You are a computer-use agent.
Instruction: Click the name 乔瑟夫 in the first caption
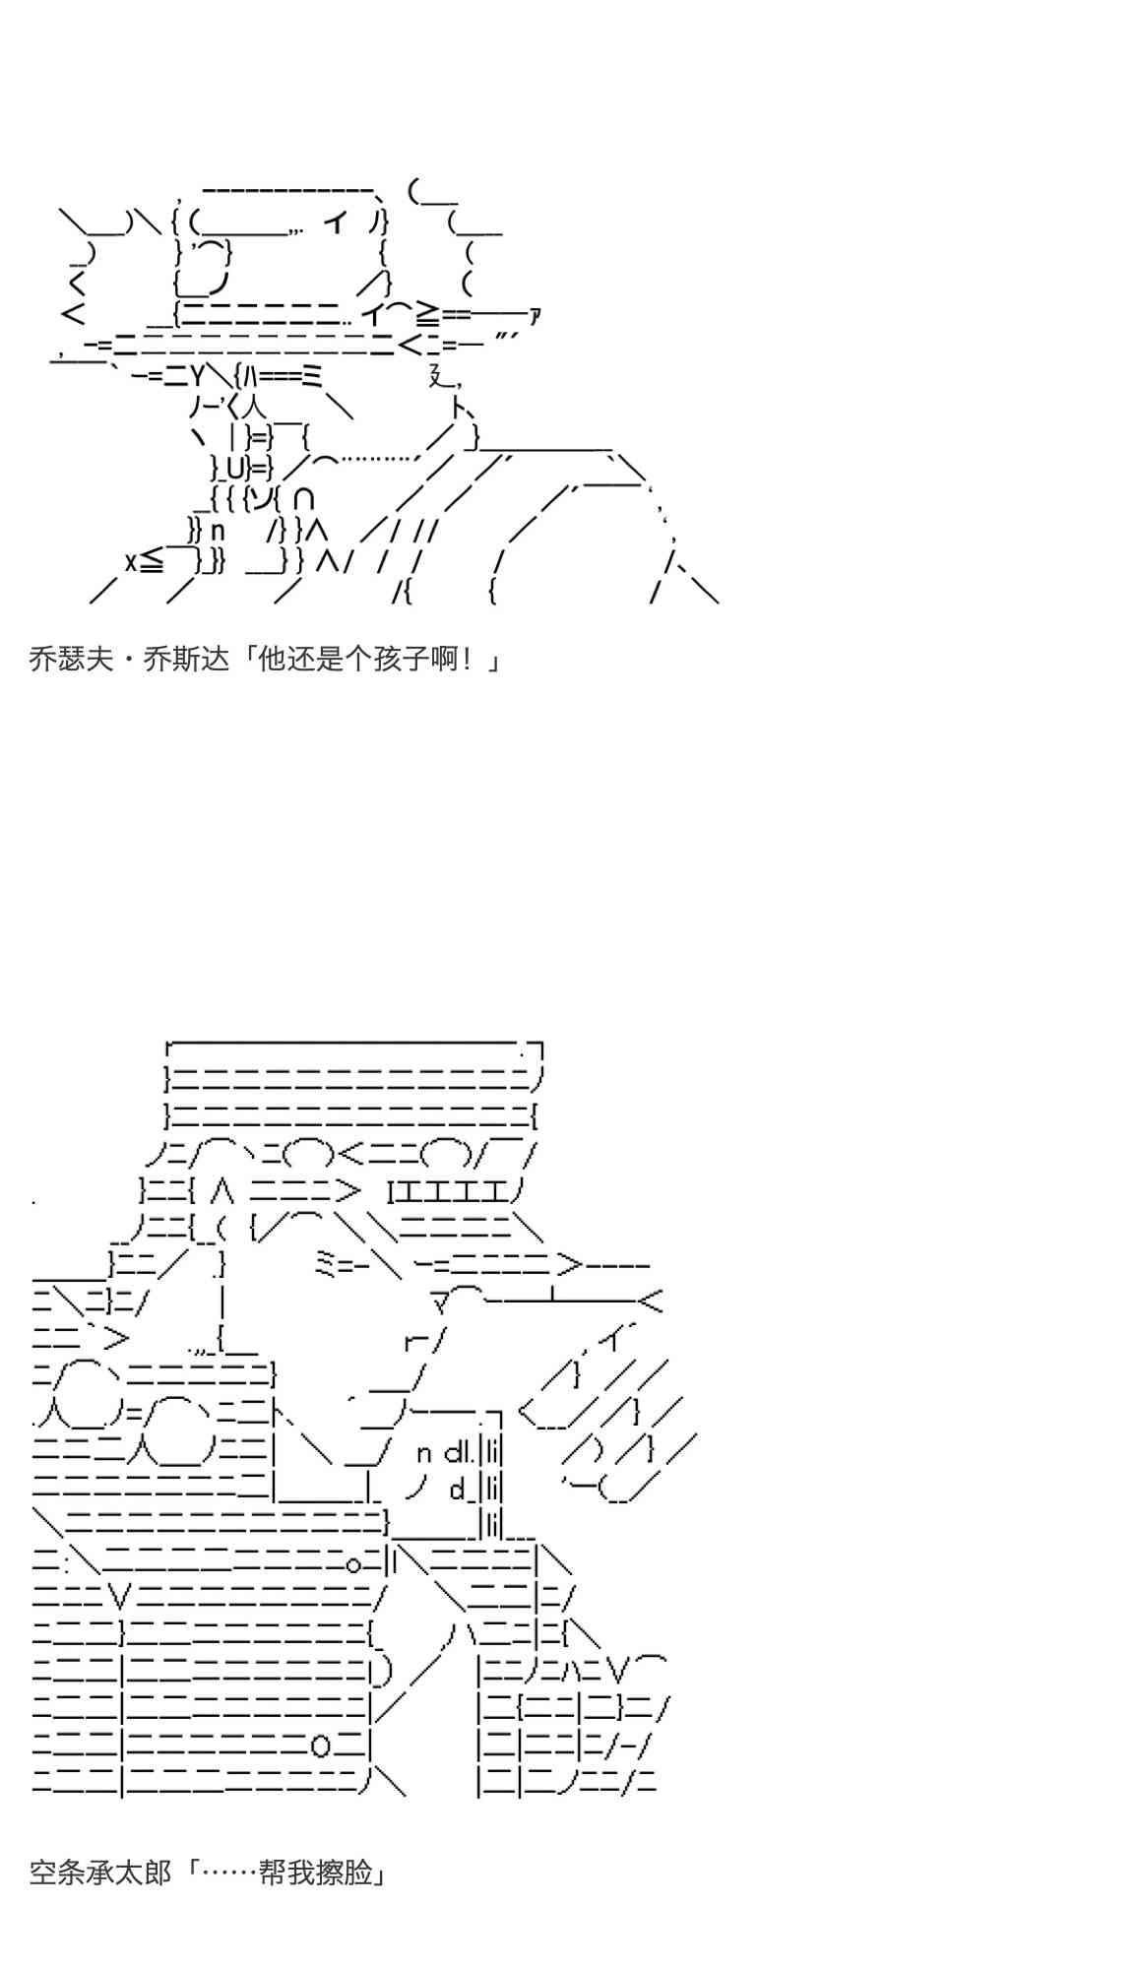pyautogui.click(x=72, y=659)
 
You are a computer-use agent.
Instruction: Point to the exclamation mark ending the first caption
pyautogui.click(x=473, y=659)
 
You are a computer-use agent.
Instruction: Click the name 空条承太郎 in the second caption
pyautogui.click(x=100, y=1872)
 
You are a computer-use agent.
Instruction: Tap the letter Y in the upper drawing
pyautogui.click(x=197, y=374)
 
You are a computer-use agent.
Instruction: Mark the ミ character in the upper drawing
pyautogui.click(x=312, y=374)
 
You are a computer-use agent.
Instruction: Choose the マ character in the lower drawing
pyautogui.click(x=441, y=1304)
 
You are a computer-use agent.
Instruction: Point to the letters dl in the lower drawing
pyautogui.click(x=460, y=1451)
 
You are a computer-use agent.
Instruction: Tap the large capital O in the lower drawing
pyautogui.click(x=322, y=1746)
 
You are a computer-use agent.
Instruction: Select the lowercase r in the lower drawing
pyautogui.click(x=411, y=1341)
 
